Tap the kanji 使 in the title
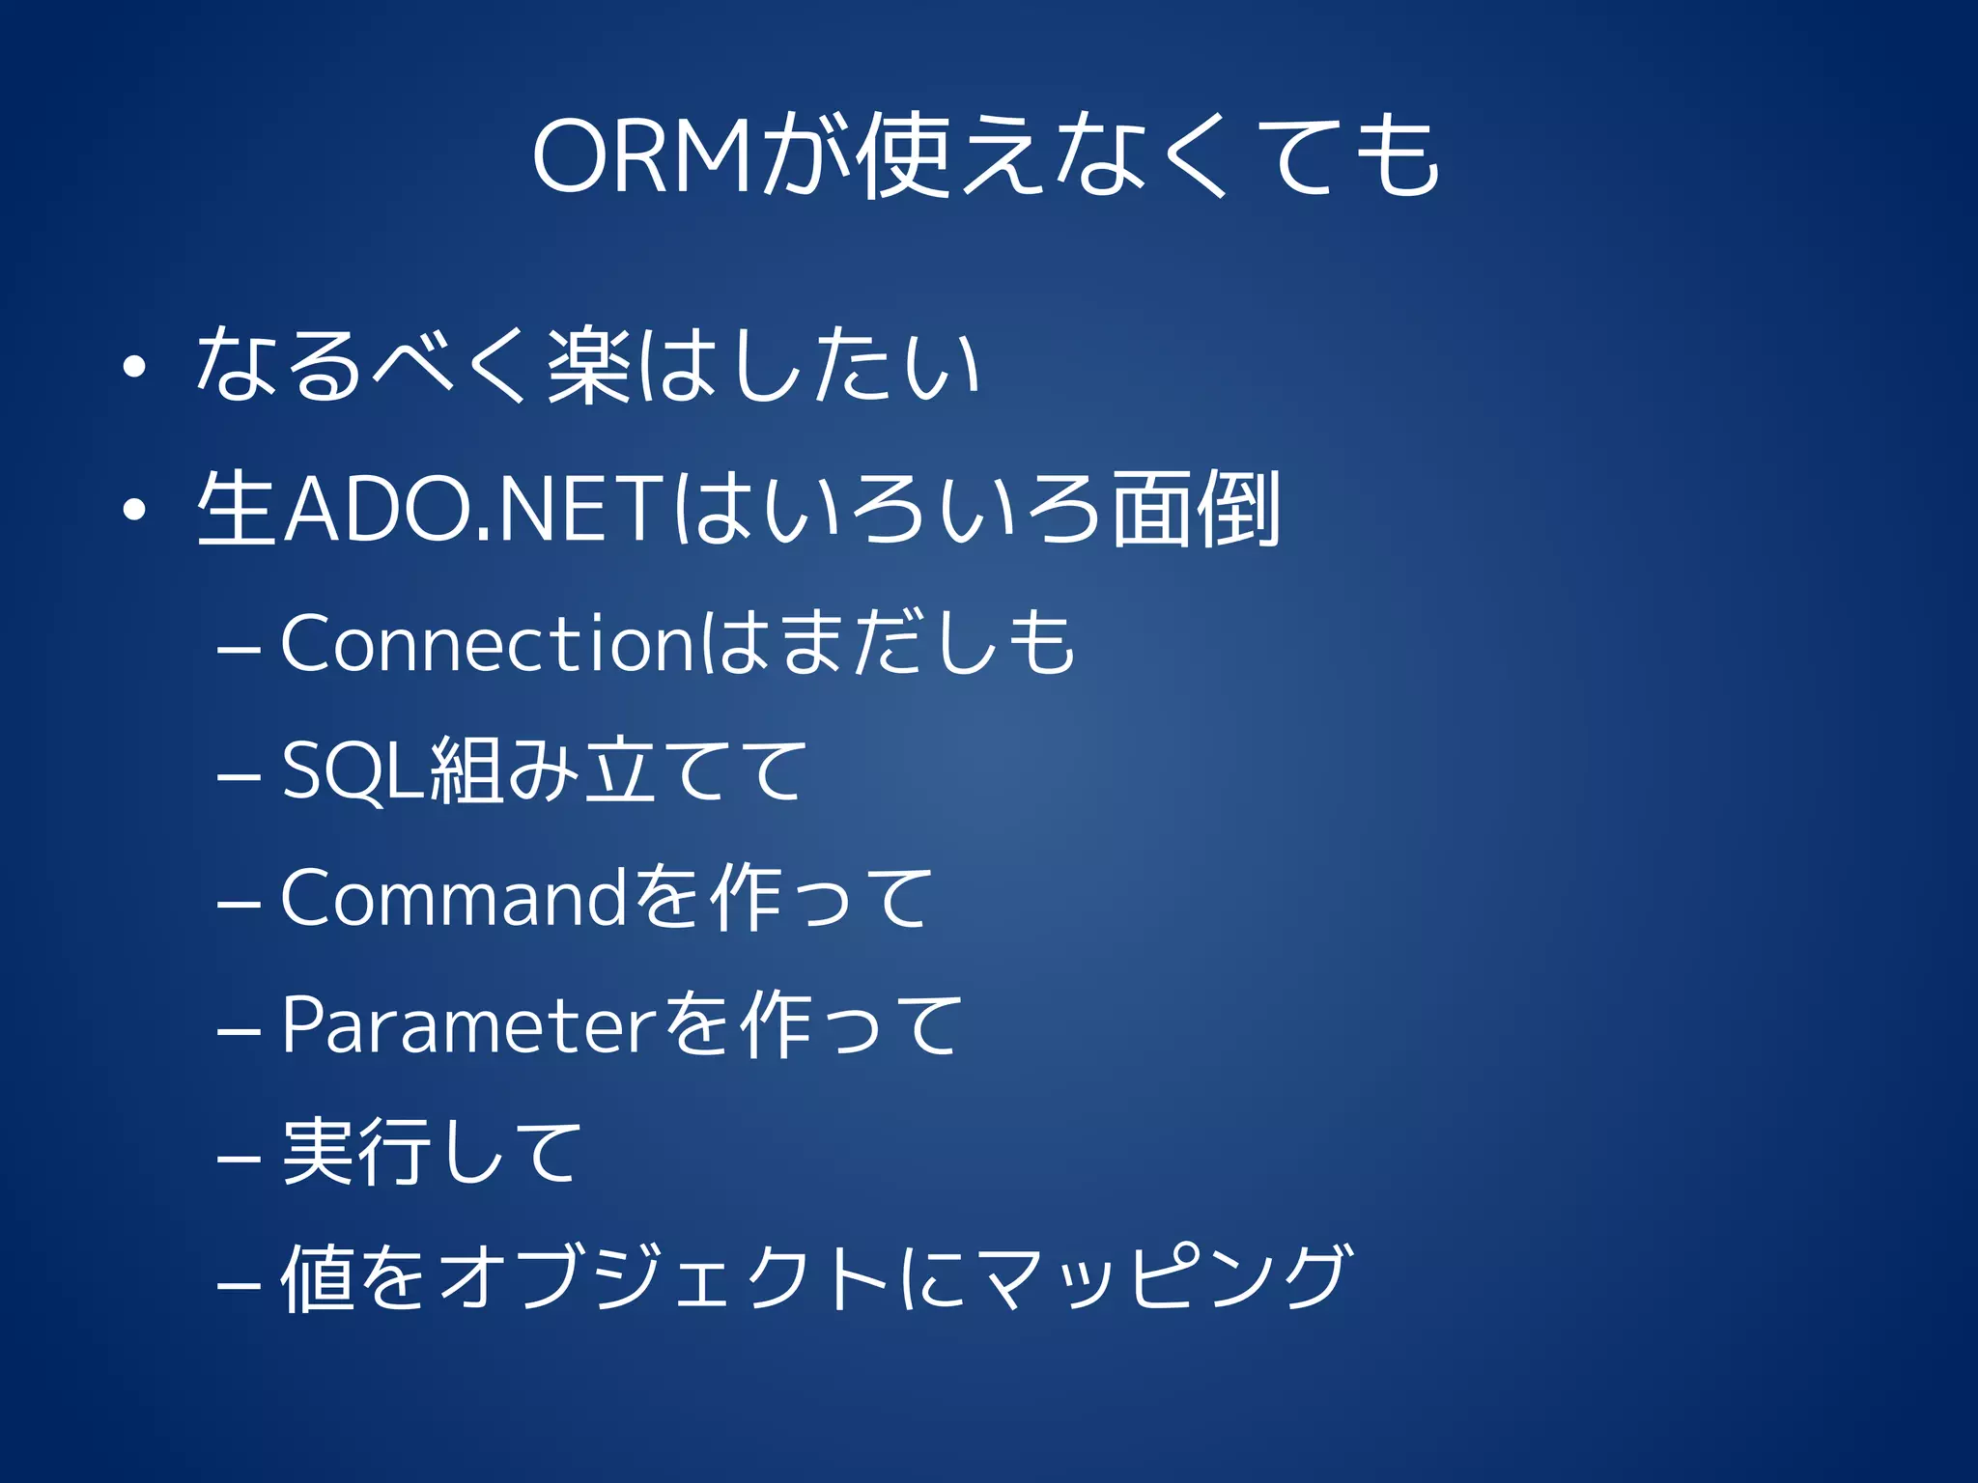(902, 154)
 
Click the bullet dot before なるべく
(134, 367)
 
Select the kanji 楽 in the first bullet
(590, 365)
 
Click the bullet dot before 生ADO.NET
(134, 510)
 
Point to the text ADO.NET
(473, 509)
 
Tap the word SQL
(353, 769)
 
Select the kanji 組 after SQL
(468, 769)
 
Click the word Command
(454, 898)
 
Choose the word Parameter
(469, 1024)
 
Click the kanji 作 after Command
(745, 898)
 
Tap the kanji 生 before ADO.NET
(237, 509)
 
